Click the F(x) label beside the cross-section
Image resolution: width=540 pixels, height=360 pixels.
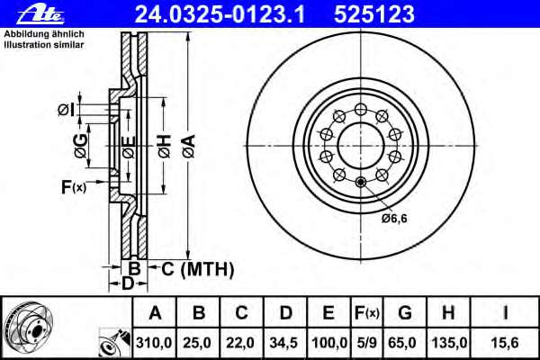(x=73, y=187)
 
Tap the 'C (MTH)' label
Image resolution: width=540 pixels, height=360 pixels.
(x=198, y=268)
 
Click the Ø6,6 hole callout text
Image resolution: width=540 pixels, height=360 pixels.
(x=394, y=218)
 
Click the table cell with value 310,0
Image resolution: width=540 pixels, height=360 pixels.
(x=155, y=342)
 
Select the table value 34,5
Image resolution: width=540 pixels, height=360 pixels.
(x=285, y=342)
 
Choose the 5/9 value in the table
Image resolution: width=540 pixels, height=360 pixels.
(x=366, y=342)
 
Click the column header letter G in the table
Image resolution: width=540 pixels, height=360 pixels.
(x=405, y=313)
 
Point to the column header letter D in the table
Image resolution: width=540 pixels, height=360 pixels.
(x=285, y=313)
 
